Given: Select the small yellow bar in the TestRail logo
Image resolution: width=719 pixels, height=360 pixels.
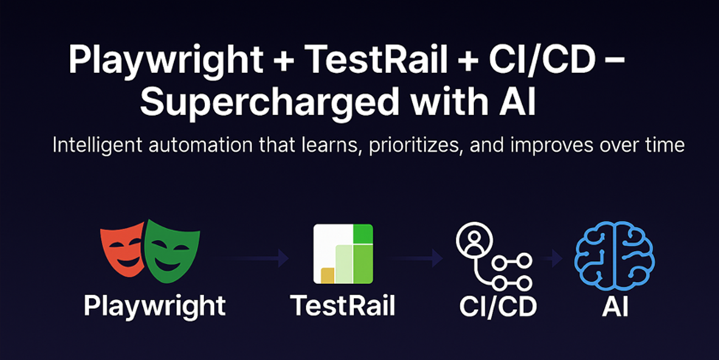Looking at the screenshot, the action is coord(327,275).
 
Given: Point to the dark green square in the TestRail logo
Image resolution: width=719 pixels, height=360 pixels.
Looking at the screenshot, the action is coord(362,234).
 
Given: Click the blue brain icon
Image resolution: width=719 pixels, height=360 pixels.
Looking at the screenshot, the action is coord(614,255).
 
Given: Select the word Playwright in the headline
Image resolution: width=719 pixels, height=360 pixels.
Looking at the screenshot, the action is coord(166,60).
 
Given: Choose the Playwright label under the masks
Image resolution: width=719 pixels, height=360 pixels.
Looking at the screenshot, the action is coord(155,306).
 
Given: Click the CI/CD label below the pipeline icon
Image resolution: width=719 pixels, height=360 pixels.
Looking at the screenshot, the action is coord(498,306).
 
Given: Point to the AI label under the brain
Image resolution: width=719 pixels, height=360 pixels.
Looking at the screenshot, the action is coord(615,306).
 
